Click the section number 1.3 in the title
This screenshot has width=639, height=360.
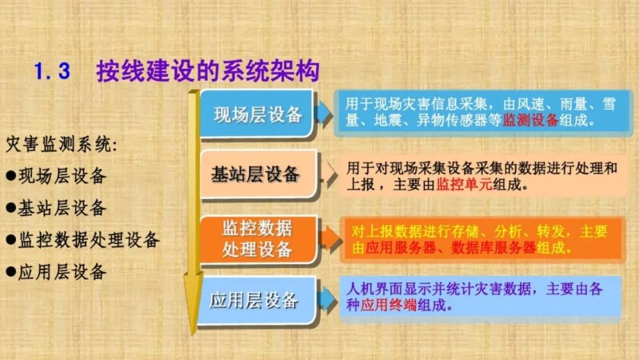(52, 71)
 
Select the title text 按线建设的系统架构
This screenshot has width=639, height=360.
(208, 71)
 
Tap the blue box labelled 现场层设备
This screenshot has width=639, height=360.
(257, 114)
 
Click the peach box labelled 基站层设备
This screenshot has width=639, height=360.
(259, 174)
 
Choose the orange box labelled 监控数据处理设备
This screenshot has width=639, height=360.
(259, 239)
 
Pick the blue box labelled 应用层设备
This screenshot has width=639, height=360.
(257, 301)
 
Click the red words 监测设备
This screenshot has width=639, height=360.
(530, 120)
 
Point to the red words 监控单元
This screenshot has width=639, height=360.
(464, 185)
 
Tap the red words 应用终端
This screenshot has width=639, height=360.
(388, 305)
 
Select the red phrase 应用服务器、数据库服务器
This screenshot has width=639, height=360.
(450, 247)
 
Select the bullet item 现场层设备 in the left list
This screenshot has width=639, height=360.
(56, 176)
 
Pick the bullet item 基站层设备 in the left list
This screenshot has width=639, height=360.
(56, 208)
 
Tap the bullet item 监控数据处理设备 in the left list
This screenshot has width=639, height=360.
(83, 240)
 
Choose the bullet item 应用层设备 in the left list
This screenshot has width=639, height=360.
(56, 272)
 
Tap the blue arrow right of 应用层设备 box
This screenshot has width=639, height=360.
(327, 300)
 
